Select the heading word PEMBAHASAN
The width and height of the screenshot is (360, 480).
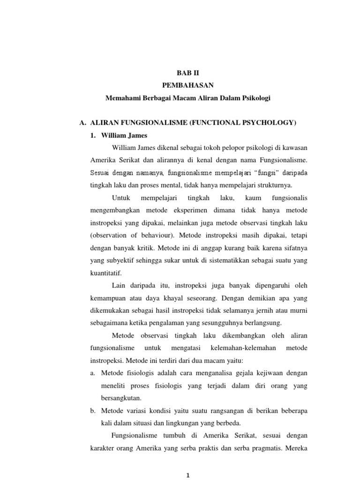(x=187, y=86)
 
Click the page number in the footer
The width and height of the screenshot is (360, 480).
(x=187, y=475)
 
